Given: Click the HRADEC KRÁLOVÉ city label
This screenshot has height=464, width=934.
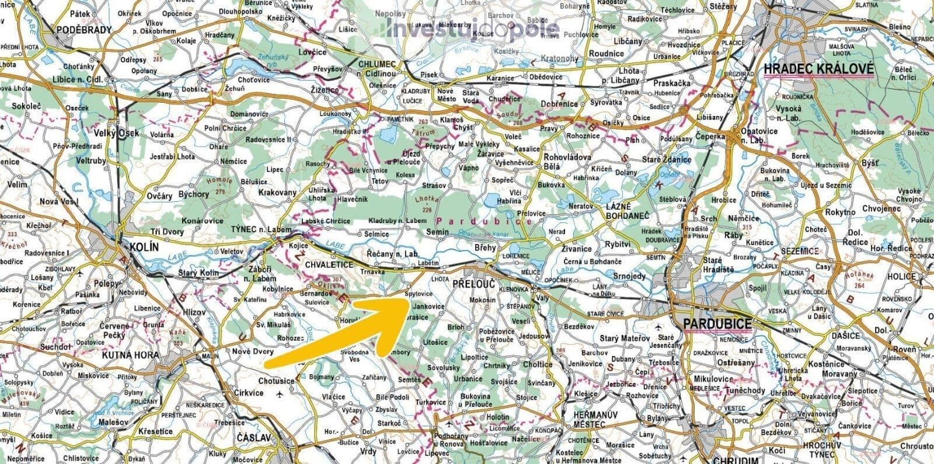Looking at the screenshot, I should [x=818, y=69].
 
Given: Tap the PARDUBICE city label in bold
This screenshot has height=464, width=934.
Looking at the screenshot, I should [x=719, y=323].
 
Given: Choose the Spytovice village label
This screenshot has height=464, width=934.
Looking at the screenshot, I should [x=419, y=294].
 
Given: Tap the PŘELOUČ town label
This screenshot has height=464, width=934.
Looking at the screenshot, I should [x=473, y=283].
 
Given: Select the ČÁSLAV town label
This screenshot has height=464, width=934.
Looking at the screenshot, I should [x=255, y=437].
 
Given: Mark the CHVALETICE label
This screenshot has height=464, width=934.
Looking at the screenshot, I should [x=329, y=264].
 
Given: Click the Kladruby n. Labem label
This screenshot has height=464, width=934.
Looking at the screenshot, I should [x=398, y=221].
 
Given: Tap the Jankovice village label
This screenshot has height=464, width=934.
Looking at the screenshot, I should [x=428, y=306].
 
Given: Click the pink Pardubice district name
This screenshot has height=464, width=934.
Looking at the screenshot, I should [x=484, y=222].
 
